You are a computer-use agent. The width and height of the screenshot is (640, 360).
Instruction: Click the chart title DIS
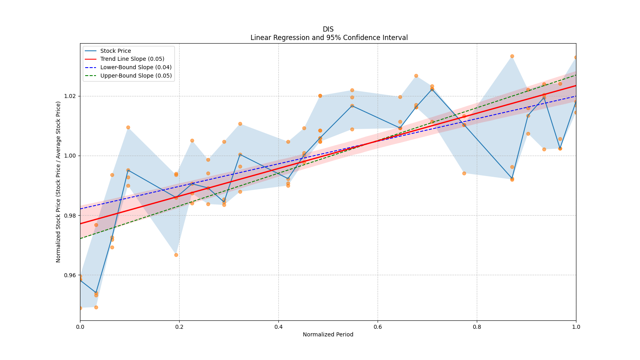pos(328,29)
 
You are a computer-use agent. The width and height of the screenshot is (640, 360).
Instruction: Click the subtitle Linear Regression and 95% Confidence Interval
pos(329,38)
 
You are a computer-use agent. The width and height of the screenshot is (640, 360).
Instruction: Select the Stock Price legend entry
pos(116,51)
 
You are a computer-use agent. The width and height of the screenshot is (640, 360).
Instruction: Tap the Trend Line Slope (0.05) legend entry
pos(132,59)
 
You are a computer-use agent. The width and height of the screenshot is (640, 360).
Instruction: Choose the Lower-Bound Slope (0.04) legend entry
pos(136,68)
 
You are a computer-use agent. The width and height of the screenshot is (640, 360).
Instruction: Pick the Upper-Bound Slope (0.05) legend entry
pos(136,76)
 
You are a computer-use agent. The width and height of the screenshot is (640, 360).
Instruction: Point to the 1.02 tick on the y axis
pos(70,96)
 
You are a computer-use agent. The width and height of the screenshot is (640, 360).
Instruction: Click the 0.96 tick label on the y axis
pos(70,275)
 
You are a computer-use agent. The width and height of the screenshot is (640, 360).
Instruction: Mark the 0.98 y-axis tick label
pos(70,216)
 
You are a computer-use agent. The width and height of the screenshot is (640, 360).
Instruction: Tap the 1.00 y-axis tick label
pos(70,156)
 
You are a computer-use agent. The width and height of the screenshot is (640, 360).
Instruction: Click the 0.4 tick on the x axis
pos(278,327)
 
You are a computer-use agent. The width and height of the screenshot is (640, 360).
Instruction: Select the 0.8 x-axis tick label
pos(477,327)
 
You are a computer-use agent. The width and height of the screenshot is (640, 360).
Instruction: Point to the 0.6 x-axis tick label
pos(378,327)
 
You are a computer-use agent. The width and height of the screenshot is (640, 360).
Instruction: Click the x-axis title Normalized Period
pos(328,334)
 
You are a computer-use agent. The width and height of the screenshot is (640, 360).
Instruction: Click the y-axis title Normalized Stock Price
pos(58,182)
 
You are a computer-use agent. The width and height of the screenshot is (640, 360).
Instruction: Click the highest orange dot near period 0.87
pos(512,56)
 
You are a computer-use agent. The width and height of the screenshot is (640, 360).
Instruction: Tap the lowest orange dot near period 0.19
pos(176,255)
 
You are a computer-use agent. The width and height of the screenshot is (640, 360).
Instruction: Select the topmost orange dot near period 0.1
pos(128,127)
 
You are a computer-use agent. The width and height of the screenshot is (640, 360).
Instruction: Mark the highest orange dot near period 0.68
pos(416,76)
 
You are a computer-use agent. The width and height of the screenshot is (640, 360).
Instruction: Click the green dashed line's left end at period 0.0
pos(80,238)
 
